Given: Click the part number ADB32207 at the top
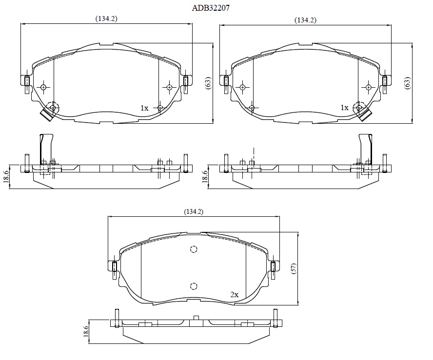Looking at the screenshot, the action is [211, 8].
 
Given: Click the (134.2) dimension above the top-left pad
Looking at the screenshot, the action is [106, 19].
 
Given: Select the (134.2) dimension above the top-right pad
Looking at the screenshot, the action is [305, 20].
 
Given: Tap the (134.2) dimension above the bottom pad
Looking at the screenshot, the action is [194, 211].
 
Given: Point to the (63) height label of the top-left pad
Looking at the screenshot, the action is [208, 83].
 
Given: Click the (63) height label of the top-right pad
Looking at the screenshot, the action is [407, 83].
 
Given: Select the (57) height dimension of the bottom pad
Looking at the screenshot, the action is [294, 268].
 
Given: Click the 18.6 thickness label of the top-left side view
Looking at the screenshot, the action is [6, 176].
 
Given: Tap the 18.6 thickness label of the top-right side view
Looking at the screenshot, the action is [205, 176].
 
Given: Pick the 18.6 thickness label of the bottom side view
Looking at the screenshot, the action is [86, 331].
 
